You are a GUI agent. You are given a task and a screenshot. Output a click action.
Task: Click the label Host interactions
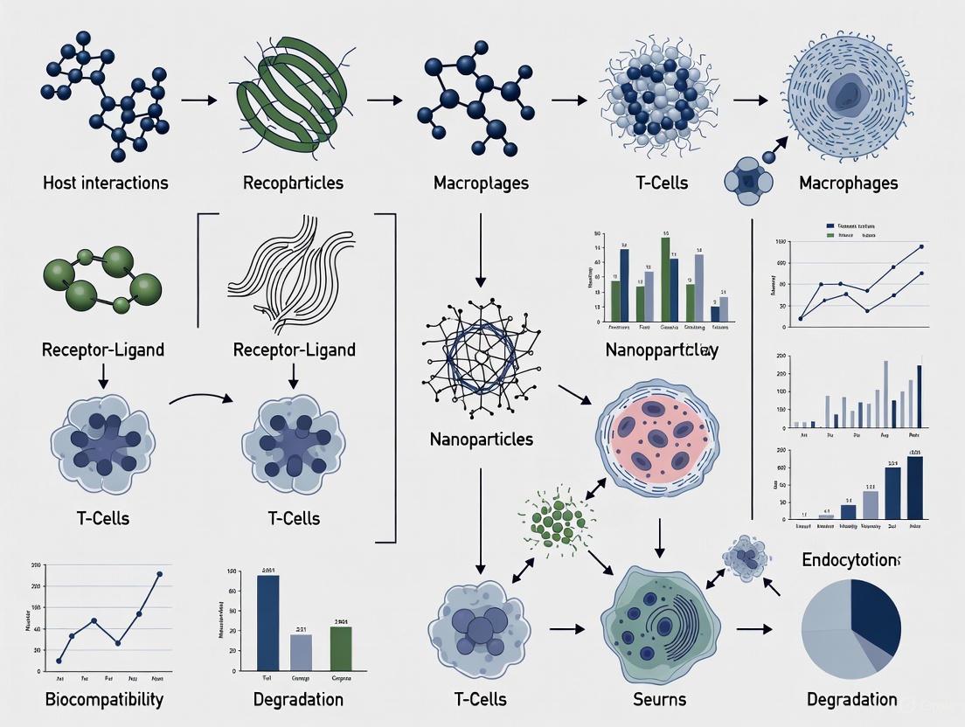pos(105,183)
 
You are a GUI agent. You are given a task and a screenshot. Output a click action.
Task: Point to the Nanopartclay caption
pos(661,350)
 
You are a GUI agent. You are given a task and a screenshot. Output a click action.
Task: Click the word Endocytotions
pos(851,559)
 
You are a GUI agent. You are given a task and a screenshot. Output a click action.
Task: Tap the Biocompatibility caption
pos(104,699)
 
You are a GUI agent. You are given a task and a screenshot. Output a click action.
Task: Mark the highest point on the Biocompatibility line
pos(160,574)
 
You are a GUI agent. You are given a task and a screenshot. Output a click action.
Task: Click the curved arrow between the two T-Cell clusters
pos(201,398)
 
